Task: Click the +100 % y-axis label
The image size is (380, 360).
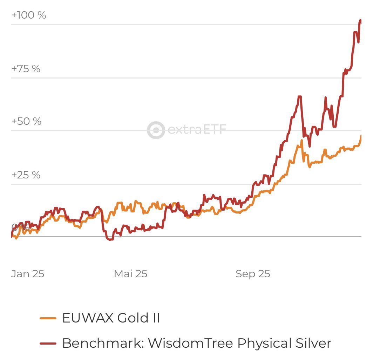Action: (x=29, y=15)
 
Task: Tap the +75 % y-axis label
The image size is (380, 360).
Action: (x=26, y=69)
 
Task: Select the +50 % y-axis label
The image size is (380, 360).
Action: (x=26, y=122)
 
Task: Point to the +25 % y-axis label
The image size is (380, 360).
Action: (x=26, y=175)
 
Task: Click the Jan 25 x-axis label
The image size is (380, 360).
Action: (x=28, y=274)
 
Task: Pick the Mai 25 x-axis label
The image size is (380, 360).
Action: (x=130, y=274)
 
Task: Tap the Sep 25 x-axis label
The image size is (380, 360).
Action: (x=253, y=274)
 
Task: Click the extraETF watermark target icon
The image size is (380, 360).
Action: (x=156, y=130)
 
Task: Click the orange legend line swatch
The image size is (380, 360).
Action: (x=48, y=318)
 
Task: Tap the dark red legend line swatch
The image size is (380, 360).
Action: (x=48, y=343)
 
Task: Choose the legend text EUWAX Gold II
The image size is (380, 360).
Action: (x=111, y=318)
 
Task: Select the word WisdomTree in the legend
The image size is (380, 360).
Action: (x=191, y=343)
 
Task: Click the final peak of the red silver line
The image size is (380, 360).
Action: (x=360, y=21)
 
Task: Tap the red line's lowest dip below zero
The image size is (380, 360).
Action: (x=110, y=240)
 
